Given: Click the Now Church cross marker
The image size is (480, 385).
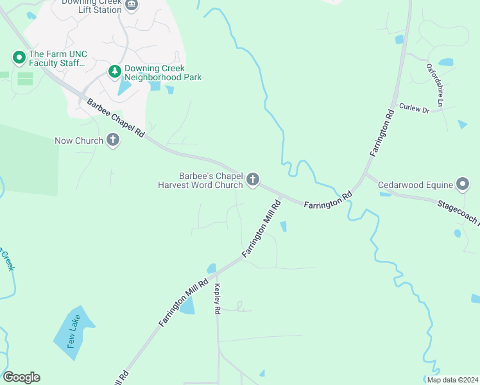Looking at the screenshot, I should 113,141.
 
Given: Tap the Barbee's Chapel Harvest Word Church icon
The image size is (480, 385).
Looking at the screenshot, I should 253,180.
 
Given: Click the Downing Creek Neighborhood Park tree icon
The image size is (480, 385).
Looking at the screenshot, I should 115,72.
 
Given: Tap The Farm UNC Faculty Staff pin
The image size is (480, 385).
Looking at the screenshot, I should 19,58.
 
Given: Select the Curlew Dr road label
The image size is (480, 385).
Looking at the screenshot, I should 413,108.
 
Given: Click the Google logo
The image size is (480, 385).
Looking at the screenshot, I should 21,377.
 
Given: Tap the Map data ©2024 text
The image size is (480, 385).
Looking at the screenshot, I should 452,379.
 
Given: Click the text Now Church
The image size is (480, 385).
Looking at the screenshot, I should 79,141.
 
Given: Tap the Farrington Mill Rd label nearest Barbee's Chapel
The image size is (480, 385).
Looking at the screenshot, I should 262,229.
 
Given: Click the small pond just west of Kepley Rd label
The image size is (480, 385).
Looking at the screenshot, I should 187,306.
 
